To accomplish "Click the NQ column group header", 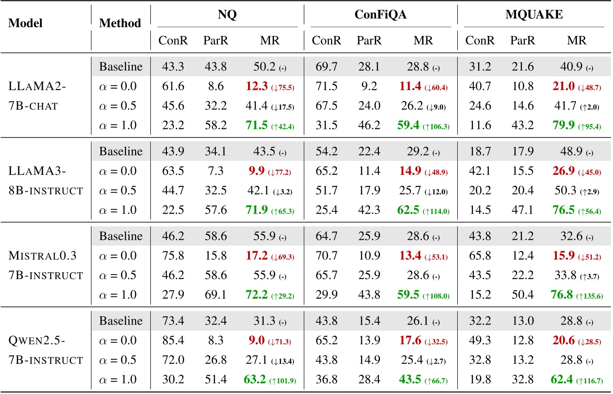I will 227,15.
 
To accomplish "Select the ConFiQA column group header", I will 380,15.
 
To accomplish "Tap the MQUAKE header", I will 534,15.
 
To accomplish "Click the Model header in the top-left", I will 25,23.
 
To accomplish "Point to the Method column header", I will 120,23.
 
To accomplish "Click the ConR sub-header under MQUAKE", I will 480,41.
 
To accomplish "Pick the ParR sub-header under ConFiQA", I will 369,41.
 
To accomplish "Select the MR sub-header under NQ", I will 269,41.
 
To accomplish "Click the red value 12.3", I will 257,86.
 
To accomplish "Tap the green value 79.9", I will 563,125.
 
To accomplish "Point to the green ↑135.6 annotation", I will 589,296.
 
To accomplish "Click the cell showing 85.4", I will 173,341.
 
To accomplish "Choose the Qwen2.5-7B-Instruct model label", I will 46,350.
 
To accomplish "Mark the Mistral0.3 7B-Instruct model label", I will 46,266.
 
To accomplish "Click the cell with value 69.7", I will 326,66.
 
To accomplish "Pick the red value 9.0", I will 257,341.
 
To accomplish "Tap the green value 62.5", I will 408,210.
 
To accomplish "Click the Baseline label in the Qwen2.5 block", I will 120,321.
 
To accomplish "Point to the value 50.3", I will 565,190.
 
